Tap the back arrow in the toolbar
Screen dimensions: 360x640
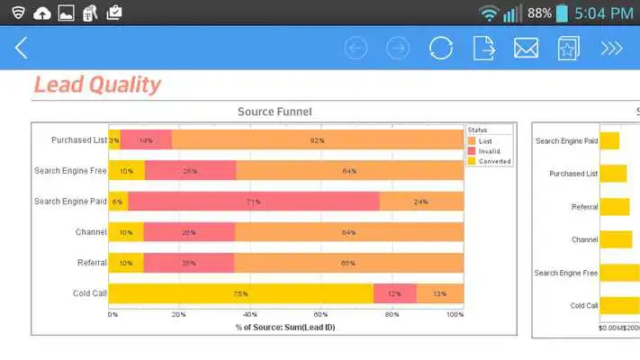coord(22,48)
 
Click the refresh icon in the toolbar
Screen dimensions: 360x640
coord(441,48)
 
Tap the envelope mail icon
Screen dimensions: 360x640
coord(526,48)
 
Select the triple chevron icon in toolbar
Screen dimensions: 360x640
coord(612,48)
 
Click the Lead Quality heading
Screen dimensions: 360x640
coord(97,85)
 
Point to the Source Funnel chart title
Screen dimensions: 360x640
coord(275,112)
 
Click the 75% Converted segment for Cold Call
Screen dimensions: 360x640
coord(240,293)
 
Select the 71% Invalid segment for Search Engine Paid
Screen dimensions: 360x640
coord(254,202)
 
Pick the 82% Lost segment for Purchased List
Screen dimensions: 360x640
coord(317,140)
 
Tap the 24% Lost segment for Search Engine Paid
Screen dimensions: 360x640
coord(420,202)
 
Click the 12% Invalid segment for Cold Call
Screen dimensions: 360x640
coord(394,293)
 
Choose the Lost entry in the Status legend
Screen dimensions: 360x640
coord(484,141)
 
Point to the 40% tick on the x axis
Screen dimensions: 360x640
coord(250,315)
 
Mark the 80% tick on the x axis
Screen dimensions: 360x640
coord(392,315)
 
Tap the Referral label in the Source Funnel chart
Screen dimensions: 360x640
coord(90,263)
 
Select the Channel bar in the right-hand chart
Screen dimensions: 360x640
coord(616,239)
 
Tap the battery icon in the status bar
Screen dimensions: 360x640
coord(562,13)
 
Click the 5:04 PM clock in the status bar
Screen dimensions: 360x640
coord(604,13)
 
